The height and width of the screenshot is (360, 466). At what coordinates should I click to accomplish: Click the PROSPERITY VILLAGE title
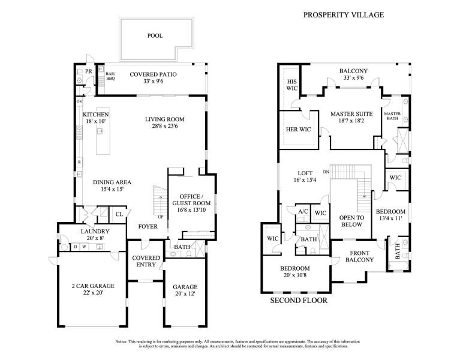[343, 15]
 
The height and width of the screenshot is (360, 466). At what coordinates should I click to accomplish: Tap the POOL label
[155, 36]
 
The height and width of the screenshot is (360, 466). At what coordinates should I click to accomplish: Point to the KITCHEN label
[95, 114]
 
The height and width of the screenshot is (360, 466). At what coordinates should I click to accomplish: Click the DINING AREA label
[112, 182]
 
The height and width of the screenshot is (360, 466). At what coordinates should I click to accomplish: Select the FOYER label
[148, 227]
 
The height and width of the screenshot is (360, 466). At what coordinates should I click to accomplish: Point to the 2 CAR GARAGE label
[93, 286]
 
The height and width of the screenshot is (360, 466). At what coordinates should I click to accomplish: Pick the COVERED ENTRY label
[146, 262]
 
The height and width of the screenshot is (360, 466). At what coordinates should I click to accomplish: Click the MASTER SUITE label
[352, 114]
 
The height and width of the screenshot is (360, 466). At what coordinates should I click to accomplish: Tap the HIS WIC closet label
[292, 85]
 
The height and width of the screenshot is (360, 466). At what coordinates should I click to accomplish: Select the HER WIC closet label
[297, 130]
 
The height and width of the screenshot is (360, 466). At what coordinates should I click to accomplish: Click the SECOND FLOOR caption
[299, 301]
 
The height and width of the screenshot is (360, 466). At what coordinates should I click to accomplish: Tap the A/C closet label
[303, 211]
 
